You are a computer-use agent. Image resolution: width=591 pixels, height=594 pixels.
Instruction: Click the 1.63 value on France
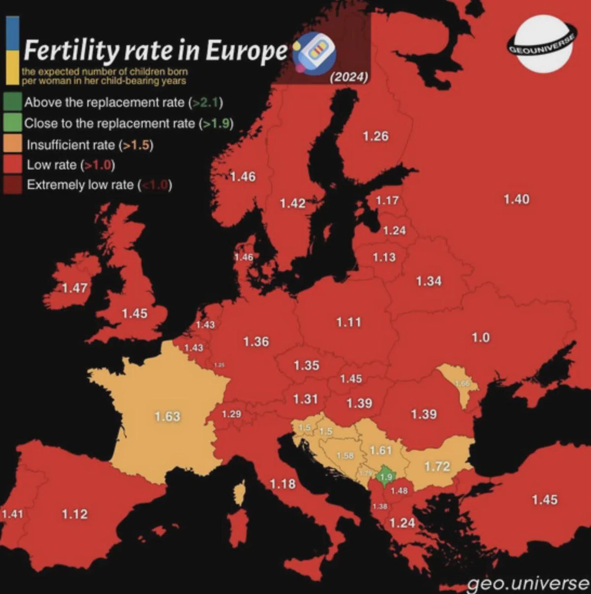coord(167,416)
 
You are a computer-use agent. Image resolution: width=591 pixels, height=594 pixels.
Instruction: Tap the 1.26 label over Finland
coord(375,136)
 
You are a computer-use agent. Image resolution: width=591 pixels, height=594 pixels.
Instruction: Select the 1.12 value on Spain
coord(74,514)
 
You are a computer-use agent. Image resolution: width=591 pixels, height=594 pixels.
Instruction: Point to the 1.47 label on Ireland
coord(74,288)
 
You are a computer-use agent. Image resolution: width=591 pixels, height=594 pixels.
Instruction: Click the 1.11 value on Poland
coord(349,322)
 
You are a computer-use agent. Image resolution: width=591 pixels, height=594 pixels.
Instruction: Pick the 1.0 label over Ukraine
coord(480,338)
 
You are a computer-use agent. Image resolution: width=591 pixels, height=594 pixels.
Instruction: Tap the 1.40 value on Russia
coord(516,199)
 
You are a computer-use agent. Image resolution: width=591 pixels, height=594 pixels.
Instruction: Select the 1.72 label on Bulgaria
coord(437,466)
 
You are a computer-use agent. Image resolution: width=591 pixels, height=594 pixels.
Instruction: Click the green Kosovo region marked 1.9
coord(386,477)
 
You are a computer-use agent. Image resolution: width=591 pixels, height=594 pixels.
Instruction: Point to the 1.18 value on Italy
coord(283,484)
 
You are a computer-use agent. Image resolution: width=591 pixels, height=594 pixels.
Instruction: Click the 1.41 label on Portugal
coord(12,514)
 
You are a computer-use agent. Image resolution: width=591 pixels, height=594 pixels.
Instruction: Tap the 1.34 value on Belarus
coord(428,281)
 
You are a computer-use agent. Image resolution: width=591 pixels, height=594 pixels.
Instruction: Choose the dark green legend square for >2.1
coord(13,102)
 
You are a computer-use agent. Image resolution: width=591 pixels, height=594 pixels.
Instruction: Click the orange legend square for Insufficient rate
coord(13,144)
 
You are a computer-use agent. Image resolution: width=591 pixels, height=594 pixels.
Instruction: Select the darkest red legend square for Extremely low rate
coord(13,185)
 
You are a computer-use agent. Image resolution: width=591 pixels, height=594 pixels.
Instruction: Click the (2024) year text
coord(349,77)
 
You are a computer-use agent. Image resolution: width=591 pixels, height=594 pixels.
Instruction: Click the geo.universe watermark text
coord(527,583)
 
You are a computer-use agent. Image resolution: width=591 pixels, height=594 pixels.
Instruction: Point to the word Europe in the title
coord(246,50)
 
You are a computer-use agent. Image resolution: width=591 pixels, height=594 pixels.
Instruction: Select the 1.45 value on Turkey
coord(544,500)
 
